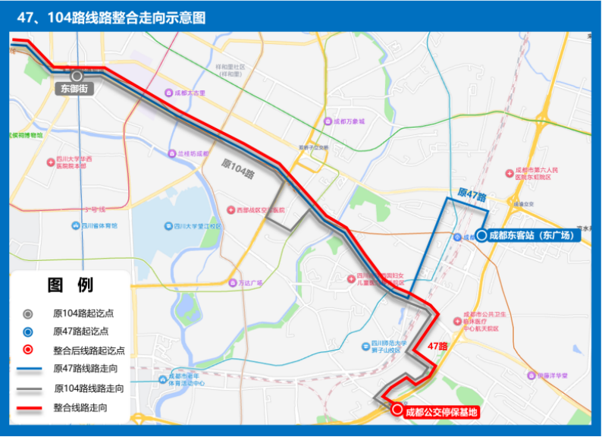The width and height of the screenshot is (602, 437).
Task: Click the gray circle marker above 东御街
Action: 77,76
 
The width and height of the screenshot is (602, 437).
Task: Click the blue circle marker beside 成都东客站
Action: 481,235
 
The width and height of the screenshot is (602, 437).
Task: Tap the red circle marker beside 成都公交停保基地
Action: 397,411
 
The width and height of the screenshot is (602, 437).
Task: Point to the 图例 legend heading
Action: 71,286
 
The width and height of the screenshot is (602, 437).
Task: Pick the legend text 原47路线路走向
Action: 89,369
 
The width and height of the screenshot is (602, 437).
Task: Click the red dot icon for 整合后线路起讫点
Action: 27,351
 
